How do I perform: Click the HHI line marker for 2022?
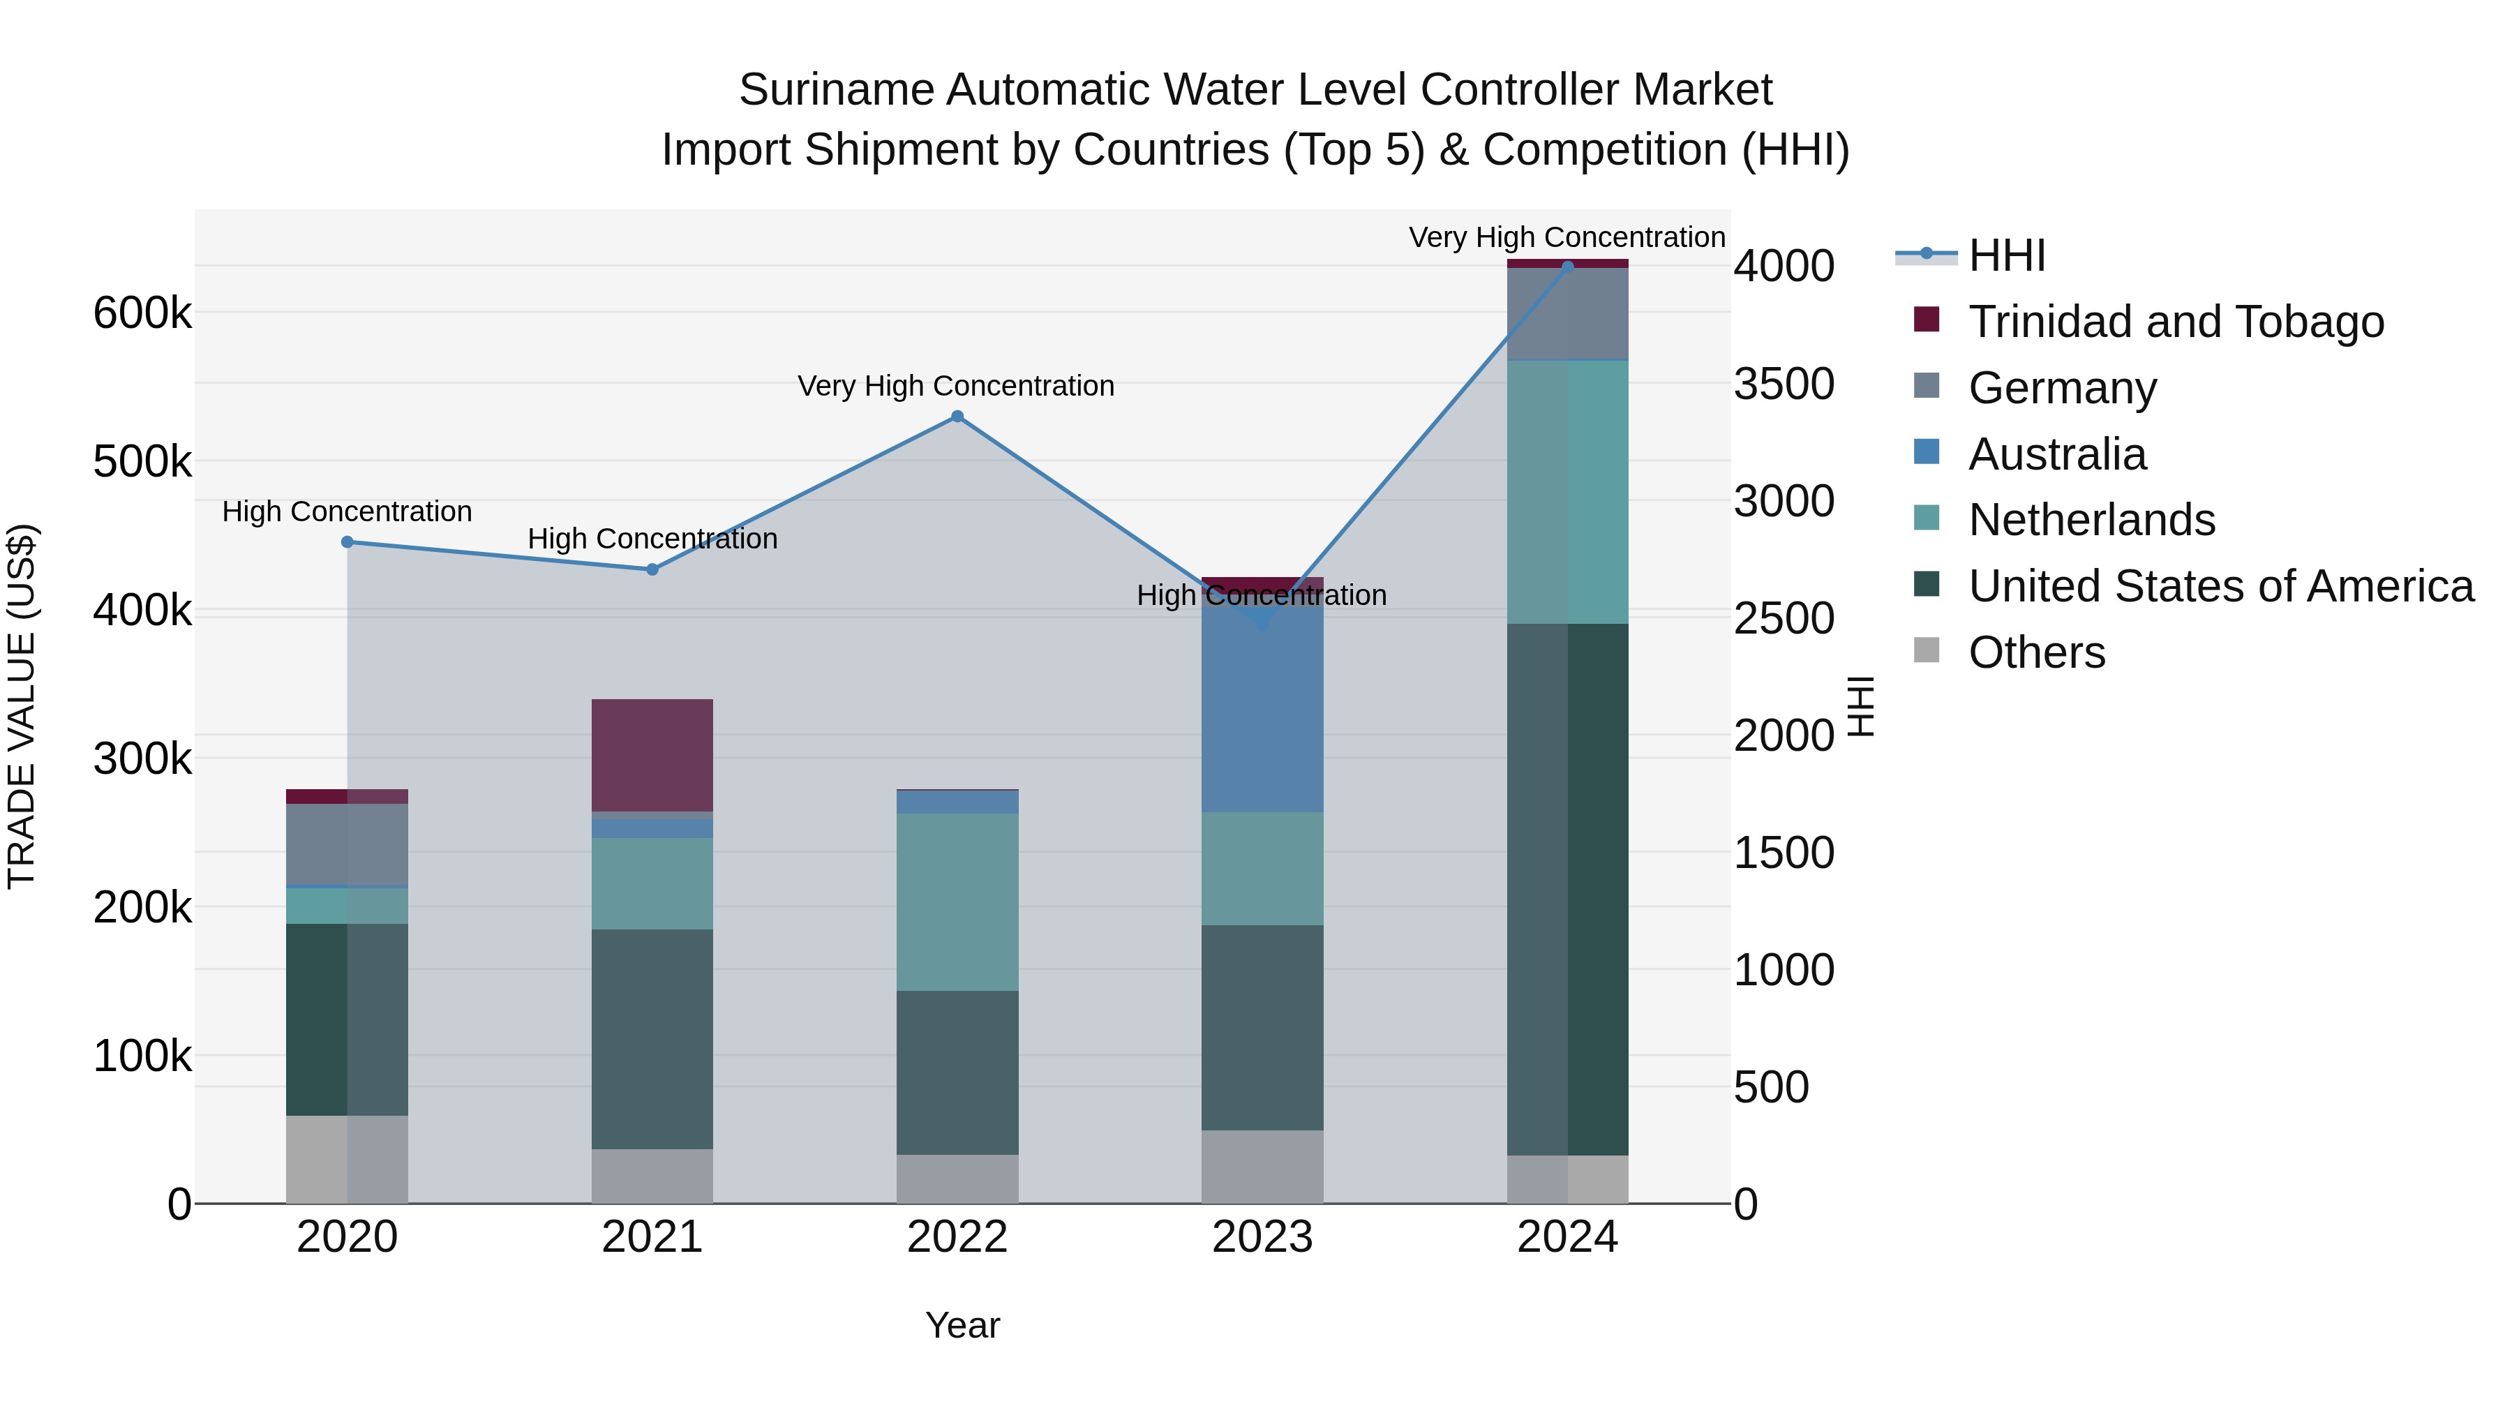tap(957, 417)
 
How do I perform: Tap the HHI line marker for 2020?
tap(347, 542)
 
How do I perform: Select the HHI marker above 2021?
tap(652, 569)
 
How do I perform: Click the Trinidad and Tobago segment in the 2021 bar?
tap(652, 755)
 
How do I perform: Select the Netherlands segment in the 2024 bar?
tap(1567, 493)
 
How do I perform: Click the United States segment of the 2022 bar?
tap(957, 1072)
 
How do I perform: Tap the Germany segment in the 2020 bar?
tap(347, 844)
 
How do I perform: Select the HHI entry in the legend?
tap(2006, 255)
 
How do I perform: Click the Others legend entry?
tap(2036, 652)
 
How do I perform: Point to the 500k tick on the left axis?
tap(142, 461)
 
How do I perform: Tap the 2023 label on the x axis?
tap(1262, 1237)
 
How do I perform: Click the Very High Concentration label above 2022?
tap(956, 386)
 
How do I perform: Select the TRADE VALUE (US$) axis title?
tap(22, 706)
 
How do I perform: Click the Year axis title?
tap(962, 1325)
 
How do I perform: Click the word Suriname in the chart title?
tap(835, 91)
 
